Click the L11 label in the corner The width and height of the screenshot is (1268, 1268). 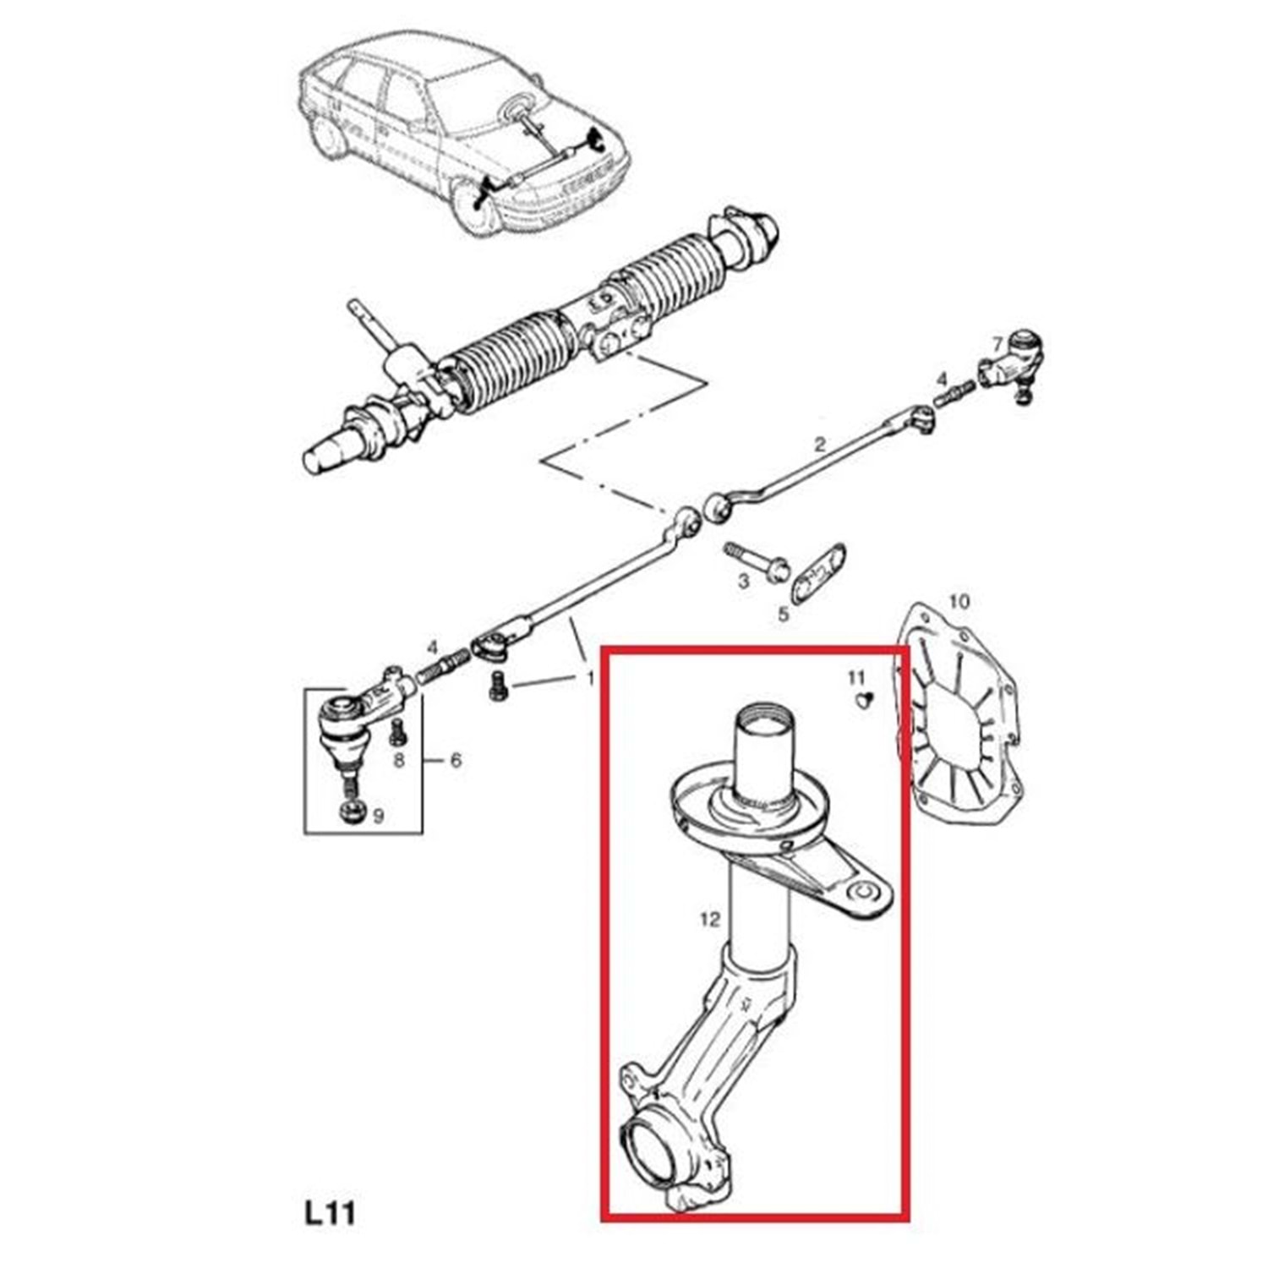click(x=330, y=1213)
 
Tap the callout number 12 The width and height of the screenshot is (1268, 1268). click(x=709, y=918)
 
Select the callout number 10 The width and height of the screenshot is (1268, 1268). click(x=959, y=602)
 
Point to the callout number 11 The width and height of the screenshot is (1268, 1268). click(x=856, y=677)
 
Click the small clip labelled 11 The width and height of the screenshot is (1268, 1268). click(x=861, y=700)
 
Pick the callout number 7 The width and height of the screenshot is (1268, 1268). click(x=997, y=344)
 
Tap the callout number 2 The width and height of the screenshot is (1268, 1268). click(x=818, y=444)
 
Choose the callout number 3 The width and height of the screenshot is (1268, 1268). click(x=743, y=582)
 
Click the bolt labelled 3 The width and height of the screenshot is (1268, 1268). click(x=757, y=561)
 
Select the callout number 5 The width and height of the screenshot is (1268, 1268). click(x=784, y=613)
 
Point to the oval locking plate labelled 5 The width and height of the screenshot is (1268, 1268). click(x=818, y=573)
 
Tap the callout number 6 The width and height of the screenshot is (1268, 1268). click(x=456, y=761)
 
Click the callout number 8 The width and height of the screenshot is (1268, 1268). click(x=399, y=760)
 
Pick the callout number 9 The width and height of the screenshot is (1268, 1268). click(x=378, y=816)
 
